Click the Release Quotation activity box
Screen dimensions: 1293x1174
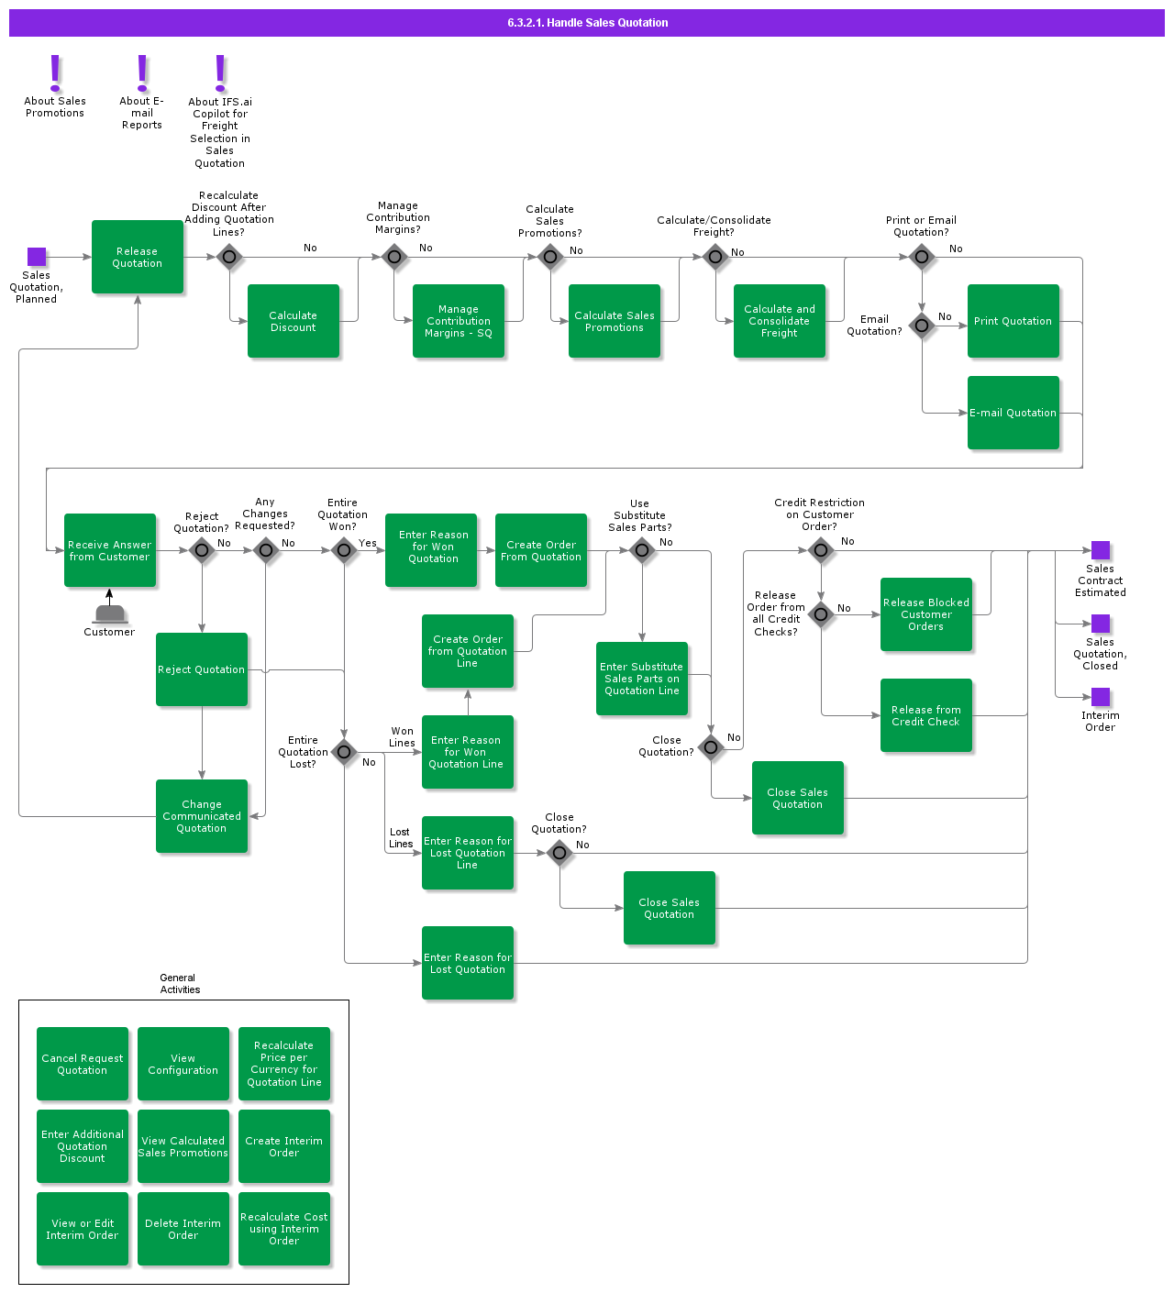[138, 257]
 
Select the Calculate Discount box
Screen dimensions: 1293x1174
[293, 321]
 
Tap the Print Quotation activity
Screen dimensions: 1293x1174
[1013, 321]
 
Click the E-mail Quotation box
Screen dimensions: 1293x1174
[1013, 413]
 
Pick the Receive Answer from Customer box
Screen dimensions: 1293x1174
[110, 550]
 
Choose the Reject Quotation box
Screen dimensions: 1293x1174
[202, 669]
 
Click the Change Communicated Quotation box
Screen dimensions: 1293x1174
[202, 816]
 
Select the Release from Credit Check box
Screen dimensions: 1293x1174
[926, 715]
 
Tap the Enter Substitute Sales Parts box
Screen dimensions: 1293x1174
[642, 679]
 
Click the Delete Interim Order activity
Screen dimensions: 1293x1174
[183, 1229]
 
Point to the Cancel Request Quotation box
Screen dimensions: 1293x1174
[83, 1064]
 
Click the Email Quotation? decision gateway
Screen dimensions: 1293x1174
[922, 326]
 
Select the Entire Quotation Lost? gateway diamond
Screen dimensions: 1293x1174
[344, 752]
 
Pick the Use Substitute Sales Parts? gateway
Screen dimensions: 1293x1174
[642, 550]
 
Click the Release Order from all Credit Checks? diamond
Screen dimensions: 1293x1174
[821, 613]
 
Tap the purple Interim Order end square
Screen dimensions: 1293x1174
[1101, 697]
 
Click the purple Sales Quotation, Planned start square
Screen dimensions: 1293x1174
[37, 257]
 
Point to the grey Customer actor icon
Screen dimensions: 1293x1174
[110, 613]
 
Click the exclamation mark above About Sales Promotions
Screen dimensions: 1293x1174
[55, 72]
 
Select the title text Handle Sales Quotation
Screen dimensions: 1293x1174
[587, 23]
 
